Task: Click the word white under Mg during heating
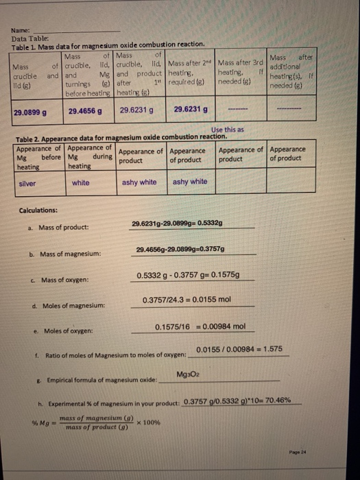tap(80, 182)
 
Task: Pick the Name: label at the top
tap(21, 31)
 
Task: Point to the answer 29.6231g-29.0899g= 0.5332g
tap(186, 224)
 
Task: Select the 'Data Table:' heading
tap(27, 38)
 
